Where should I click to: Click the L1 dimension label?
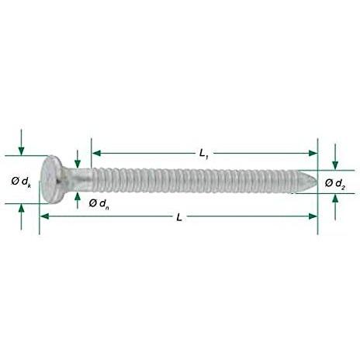click(x=204, y=154)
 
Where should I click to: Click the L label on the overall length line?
click(x=179, y=217)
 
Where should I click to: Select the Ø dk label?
click(x=21, y=182)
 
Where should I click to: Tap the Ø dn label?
click(x=99, y=204)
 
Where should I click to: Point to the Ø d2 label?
click(x=335, y=184)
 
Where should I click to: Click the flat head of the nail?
click(x=50, y=180)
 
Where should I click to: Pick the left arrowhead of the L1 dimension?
click(x=96, y=153)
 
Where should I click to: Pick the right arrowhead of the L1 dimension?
click(x=313, y=153)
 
